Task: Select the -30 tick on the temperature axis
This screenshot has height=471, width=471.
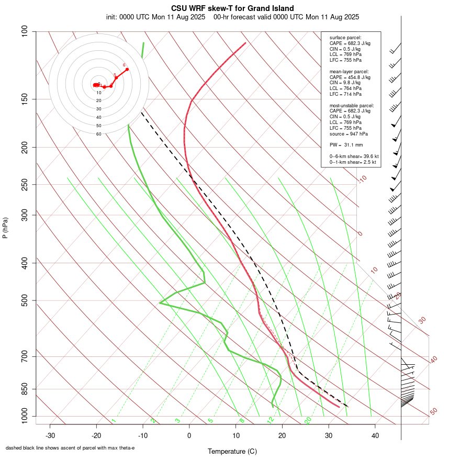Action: tap(50, 435)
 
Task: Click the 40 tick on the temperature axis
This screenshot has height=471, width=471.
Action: tap(375, 435)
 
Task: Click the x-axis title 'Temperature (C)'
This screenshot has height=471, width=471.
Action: tap(232, 451)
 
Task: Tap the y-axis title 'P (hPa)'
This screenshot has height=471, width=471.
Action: tap(5, 228)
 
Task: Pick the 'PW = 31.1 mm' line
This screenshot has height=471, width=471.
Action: tap(346, 144)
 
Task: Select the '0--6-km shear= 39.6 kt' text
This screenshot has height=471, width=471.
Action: tap(354, 156)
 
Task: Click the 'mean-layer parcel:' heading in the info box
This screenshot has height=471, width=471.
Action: tap(349, 71)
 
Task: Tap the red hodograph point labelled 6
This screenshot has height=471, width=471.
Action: tap(127, 69)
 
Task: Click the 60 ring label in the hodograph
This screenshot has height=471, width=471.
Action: tap(98, 134)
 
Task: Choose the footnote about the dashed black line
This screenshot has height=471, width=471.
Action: tap(70, 448)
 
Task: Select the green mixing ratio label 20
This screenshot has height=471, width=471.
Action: tap(308, 420)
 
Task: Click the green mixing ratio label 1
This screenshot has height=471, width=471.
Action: tap(113, 420)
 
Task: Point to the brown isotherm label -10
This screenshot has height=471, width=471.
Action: tap(362, 179)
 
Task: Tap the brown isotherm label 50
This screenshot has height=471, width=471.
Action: tap(433, 412)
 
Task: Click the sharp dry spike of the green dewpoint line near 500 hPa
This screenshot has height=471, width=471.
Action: tap(160, 302)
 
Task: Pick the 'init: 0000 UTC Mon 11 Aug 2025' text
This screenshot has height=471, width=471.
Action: tap(156, 17)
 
